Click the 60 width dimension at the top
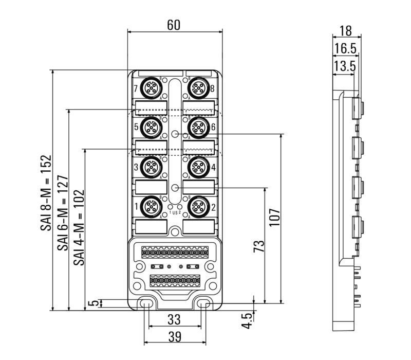point(174,24)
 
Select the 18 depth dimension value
point(346,30)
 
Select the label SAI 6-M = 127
point(62,210)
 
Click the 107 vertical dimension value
point(273,218)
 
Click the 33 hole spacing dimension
point(174,319)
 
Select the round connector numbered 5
point(152,127)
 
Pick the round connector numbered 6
point(198,127)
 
